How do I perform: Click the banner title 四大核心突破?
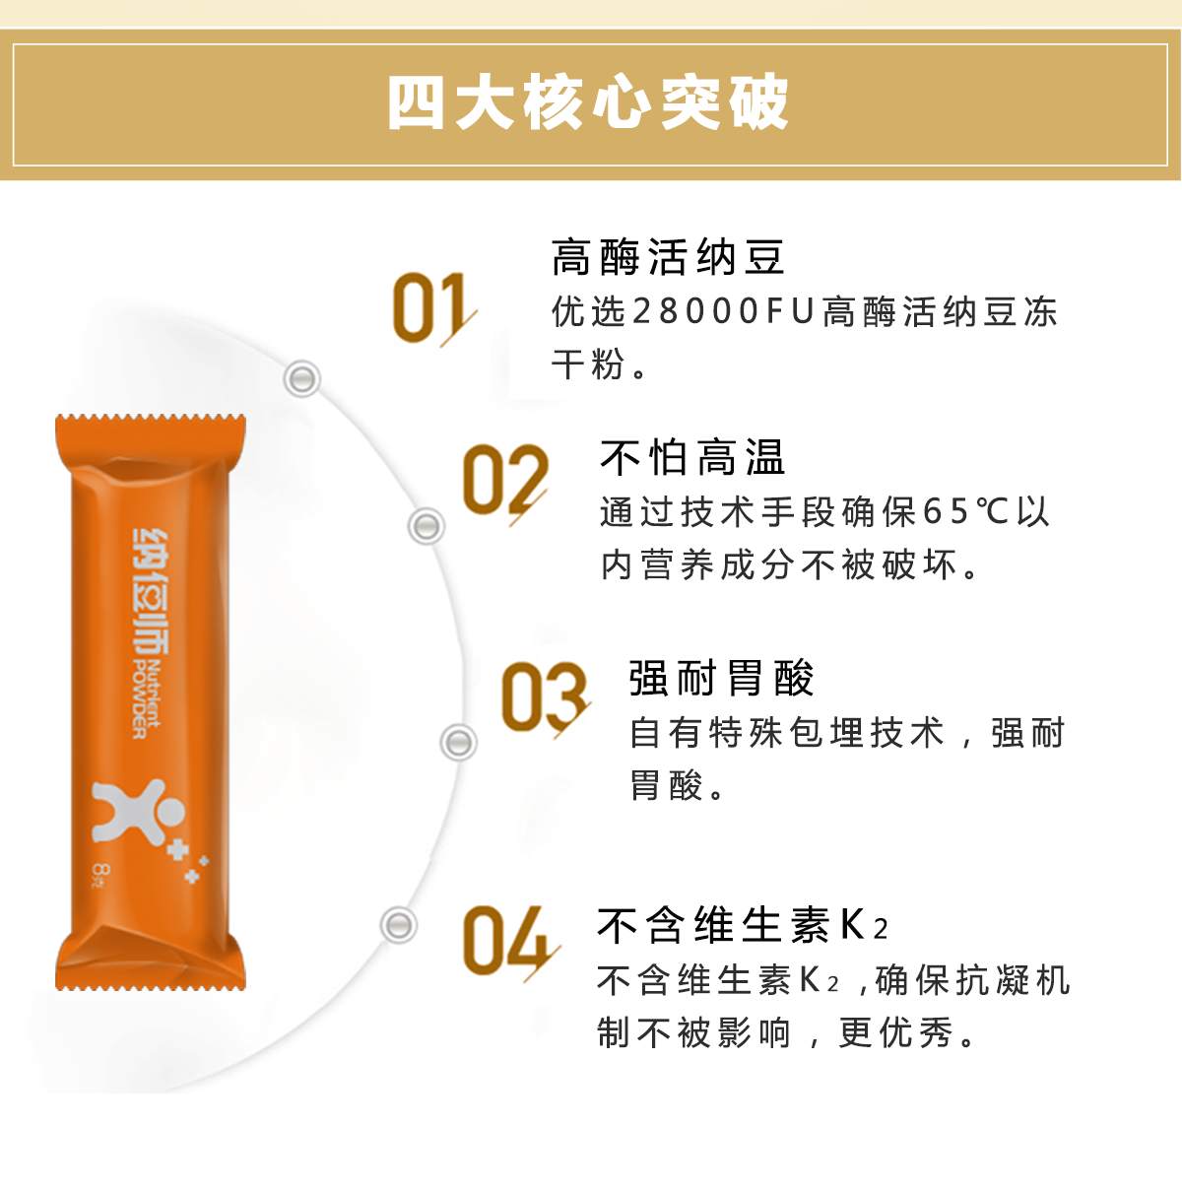click(588, 102)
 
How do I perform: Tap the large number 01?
click(433, 308)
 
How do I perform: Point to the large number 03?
click(545, 697)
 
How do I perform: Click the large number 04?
click(510, 941)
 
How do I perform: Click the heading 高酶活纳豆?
click(668, 257)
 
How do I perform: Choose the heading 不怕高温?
click(692, 457)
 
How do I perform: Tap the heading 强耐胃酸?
click(721, 678)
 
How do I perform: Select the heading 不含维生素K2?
click(743, 926)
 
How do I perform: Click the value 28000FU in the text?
click(723, 311)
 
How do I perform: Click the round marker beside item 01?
click(301, 378)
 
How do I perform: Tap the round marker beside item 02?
click(427, 526)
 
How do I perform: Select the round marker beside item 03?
click(458, 743)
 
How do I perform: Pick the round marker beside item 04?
click(398, 925)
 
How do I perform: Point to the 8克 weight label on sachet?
click(100, 872)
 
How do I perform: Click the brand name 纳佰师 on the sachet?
click(150, 591)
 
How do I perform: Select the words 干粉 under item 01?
click(588, 364)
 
